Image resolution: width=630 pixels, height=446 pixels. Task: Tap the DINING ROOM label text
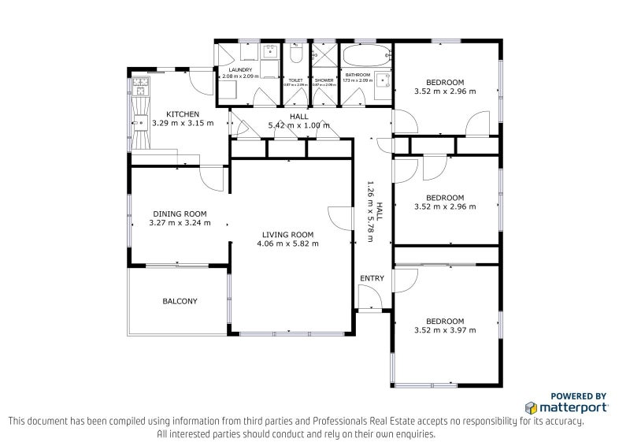click(180, 214)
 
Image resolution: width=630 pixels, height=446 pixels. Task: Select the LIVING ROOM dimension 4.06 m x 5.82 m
click(287, 243)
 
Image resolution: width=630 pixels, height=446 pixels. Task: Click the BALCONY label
click(180, 301)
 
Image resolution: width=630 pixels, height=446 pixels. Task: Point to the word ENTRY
click(372, 279)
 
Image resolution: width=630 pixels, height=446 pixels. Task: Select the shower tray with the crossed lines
click(324, 56)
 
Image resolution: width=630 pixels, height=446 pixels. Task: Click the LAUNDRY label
click(239, 70)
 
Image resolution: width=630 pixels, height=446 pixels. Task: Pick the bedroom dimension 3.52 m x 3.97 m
click(445, 330)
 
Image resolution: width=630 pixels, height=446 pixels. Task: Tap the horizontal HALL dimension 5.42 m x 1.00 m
click(299, 125)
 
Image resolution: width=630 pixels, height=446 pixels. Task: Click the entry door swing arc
click(369, 296)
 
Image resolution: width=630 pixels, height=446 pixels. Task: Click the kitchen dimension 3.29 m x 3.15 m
click(182, 123)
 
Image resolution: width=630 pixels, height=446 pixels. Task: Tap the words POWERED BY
click(578, 396)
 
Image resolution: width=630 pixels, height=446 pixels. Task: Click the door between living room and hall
click(340, 218)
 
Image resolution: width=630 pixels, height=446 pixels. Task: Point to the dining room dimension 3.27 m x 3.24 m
click(180, 223)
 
